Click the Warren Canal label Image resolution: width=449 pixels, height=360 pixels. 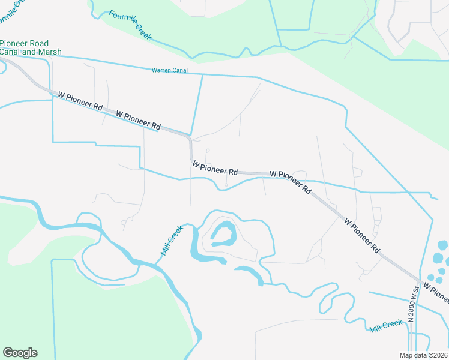169,70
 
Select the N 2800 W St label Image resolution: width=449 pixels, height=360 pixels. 412,304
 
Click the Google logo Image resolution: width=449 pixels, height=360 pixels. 20,353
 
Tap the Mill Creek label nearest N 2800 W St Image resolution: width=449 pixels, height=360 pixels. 385,326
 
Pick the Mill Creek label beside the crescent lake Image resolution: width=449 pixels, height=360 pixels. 171,240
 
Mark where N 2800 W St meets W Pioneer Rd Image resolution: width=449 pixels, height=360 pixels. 418,280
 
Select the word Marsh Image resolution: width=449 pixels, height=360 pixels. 49,52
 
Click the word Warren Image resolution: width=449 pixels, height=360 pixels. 161,70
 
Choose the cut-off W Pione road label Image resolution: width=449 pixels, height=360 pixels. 436,289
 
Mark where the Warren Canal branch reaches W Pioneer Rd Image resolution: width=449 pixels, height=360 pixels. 191,135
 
